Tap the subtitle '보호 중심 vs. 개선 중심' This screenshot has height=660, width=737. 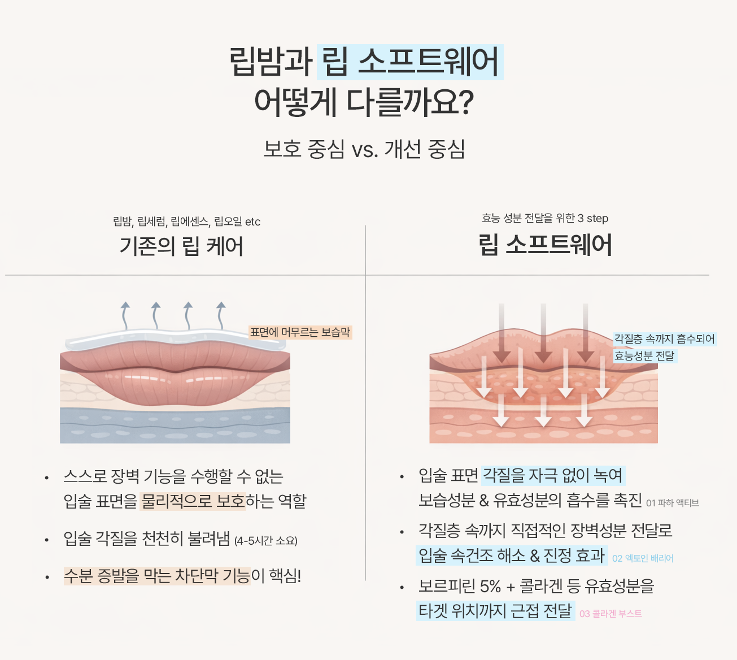tap(364, 149)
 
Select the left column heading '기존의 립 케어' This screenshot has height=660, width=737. tap(181, 246)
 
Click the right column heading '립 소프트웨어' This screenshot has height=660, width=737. tap(545, 245)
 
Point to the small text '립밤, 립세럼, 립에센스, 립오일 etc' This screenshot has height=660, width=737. tap(186, 222)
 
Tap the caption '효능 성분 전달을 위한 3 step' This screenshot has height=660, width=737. tap(544, 218)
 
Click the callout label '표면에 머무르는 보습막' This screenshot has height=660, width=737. tap(300, 332)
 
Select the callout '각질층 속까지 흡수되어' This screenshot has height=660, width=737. tap(664, 339)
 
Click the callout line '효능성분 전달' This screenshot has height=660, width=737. tap(644, 356)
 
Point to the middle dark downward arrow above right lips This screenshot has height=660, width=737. tap(543, 333)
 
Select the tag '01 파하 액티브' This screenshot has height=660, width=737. tap(672, 503)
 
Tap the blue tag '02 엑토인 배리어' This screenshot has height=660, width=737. tap(643, 558)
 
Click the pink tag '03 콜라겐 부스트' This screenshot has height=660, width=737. tap(610, 614)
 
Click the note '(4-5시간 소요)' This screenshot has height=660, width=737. tap(265, 541)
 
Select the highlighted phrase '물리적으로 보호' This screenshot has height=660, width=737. tap(193, 501)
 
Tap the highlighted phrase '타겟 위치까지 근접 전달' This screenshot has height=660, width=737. tap(495, 611)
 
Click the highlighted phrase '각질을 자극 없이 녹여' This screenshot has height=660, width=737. tap(553, 475)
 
